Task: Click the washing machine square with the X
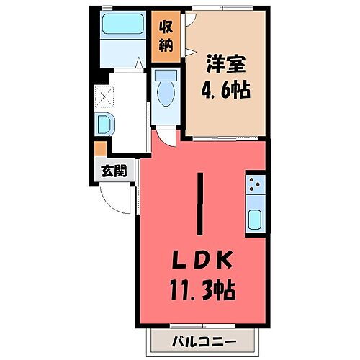(x=105, y=96)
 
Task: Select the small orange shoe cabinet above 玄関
(x=100, y=148)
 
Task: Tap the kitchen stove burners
(x=255, y=186)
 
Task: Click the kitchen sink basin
(x=255, y=219)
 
